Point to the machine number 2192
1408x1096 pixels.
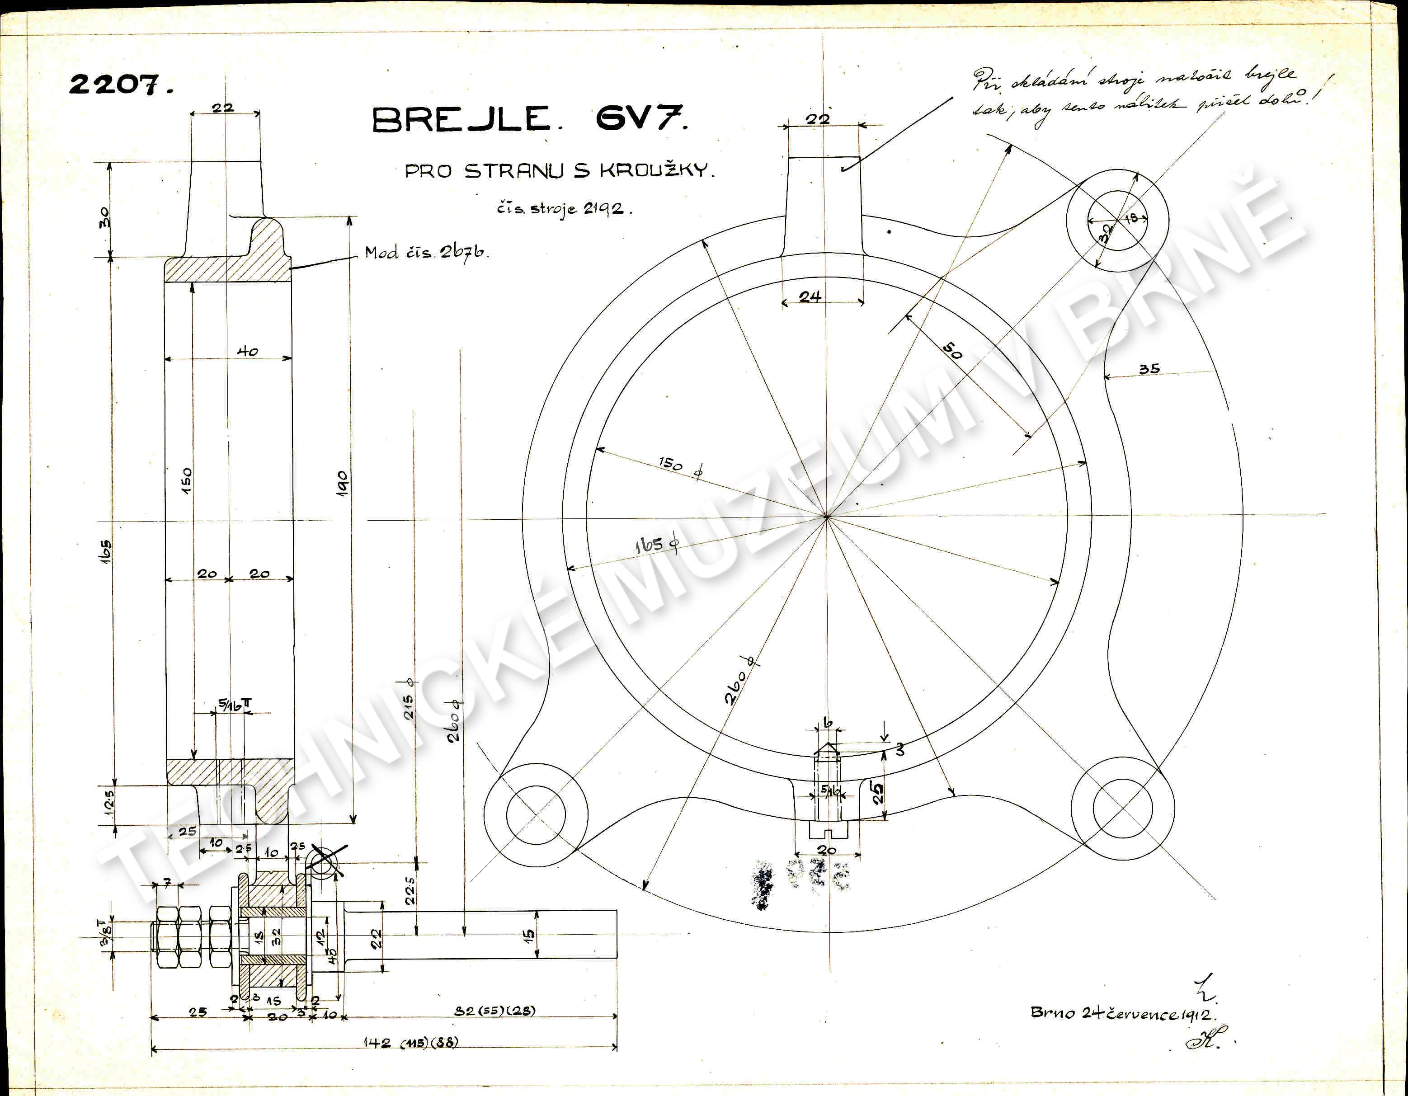603,209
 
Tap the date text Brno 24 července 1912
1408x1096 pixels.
1122,1013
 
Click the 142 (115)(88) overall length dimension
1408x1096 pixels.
410,1043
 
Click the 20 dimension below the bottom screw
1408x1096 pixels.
826,850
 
